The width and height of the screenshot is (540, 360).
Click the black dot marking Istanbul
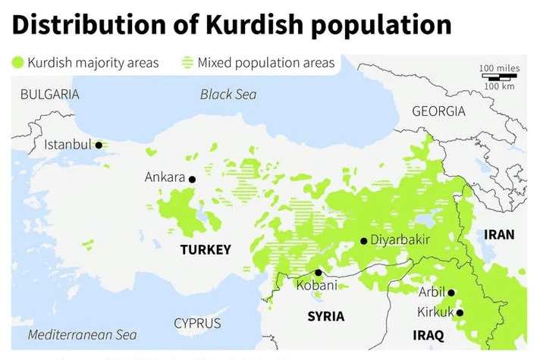98,145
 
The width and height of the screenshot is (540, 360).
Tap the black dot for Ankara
192,180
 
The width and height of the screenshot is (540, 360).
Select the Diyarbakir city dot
364,241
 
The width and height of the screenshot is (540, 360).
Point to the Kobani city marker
319,272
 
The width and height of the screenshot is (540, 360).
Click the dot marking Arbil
451,293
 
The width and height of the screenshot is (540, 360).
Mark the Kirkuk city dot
459,312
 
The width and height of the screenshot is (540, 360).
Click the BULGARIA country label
49,95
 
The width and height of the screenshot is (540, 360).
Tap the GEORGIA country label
438,111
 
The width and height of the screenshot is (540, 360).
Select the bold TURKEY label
205,249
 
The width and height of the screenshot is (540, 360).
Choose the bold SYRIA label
325,316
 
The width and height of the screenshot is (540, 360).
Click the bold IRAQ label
428,335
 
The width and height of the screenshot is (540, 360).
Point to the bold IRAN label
499,235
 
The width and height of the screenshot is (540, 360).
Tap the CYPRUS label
197,323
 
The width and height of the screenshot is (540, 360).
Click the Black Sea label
228,95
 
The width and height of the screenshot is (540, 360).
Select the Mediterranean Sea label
82,335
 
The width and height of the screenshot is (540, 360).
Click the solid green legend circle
18,62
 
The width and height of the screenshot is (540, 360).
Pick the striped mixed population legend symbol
188,62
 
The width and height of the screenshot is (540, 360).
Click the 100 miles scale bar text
499,68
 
